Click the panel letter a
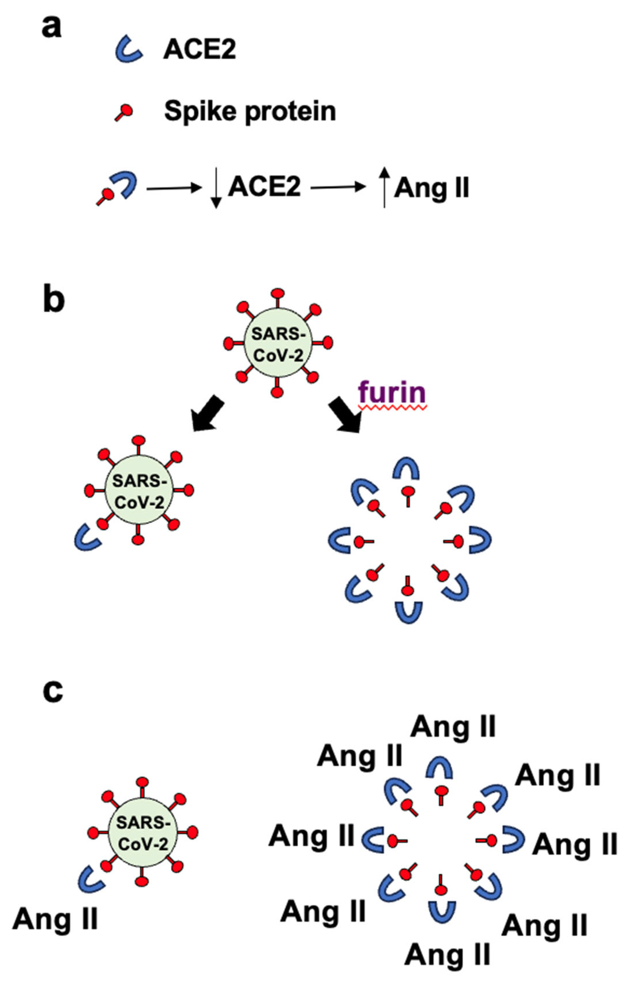tap(52, 28)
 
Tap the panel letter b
tap(53, 300)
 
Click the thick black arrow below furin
tap(345, 415)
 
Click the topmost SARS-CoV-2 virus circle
tap(278, 343)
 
